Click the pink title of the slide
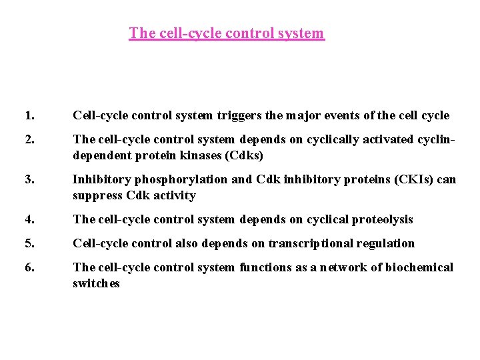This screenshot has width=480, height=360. point(227,33)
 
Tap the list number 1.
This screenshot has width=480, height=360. point(28,116)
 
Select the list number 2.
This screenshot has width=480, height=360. point(28,140)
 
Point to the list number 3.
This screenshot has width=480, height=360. point(28,179)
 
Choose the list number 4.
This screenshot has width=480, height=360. point(28,219)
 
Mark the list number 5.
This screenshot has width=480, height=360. point(28,243)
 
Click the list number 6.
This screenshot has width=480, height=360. point(28,267)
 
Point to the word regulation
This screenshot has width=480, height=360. point(389,243)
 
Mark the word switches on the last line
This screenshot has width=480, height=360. point(96,283)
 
